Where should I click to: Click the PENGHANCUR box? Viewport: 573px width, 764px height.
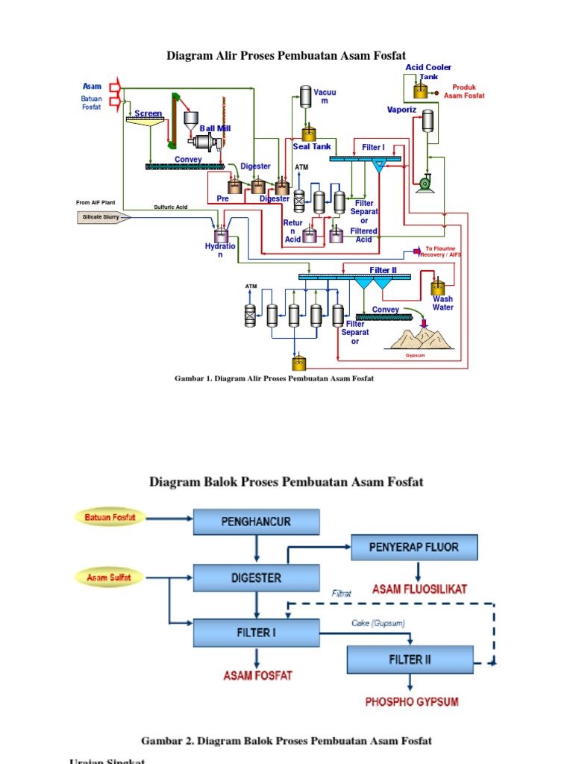[257, 522]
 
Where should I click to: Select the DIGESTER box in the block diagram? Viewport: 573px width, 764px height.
[257, 577]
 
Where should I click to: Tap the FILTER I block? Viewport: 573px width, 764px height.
[257, 633]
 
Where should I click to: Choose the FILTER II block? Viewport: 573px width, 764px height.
[410, 660]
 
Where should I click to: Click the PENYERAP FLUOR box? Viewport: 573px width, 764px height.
[414, 548]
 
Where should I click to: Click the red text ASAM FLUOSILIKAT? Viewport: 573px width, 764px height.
[420, 589]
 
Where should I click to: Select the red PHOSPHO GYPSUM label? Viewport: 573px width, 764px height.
[411, 701]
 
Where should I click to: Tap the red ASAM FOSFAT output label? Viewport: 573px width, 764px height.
[258, 675]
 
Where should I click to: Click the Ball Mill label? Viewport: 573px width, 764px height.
[215, 128]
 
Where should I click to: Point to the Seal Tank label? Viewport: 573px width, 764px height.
[312, 147]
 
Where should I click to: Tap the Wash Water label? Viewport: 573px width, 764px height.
[443, 303]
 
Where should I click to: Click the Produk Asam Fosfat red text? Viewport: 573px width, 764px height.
[464, 91]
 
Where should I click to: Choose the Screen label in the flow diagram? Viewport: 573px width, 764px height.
[148, 113]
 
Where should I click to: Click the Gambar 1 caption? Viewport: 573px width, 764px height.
[274, 378]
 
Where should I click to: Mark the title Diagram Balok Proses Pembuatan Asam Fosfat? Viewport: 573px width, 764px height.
[286, 481]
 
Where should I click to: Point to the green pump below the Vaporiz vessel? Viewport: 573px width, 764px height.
[426, 182]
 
